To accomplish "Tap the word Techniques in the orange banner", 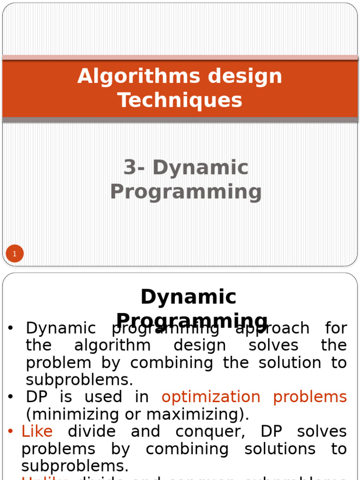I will pos(180,100).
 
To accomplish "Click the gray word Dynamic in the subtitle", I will pos(201,168).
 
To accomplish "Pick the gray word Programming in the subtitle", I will pos(186,191).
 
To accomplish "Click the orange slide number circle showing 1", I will pos(15,254).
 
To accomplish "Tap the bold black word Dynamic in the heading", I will pos(188,297).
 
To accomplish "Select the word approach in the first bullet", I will pos(272,328).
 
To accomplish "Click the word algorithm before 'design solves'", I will pos(112,345).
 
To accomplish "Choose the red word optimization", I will pos(211,397).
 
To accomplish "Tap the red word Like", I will pos(37,431).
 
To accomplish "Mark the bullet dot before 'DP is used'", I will pos(11,397).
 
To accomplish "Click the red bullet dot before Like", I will pos(11,431).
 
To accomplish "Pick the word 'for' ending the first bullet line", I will pos(336,328).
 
